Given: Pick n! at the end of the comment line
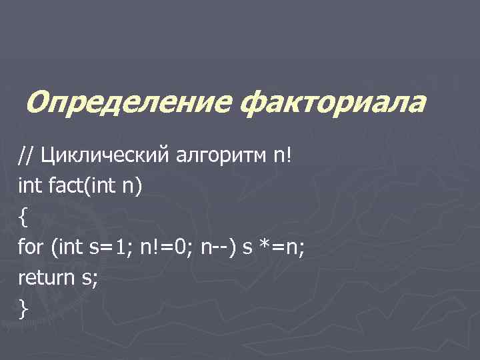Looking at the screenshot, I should coord(280,155).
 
